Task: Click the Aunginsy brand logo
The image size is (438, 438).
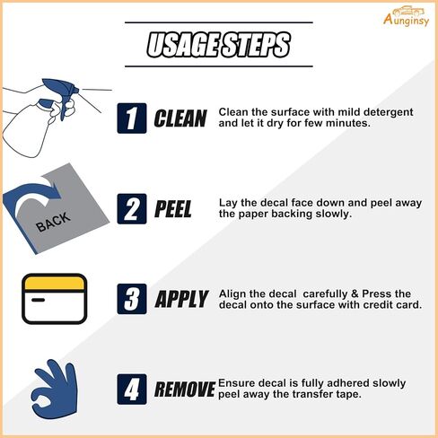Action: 406,16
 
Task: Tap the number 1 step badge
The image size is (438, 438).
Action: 132,118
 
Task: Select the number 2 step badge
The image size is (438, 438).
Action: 132,209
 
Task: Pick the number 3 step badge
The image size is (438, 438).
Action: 132,299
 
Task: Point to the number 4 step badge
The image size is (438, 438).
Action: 132,390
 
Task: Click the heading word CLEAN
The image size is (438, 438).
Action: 180,118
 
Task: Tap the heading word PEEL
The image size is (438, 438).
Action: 173,209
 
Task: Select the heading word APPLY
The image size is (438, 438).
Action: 181,299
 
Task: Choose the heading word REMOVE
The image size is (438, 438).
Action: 185,390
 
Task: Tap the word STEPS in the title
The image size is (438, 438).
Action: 255,45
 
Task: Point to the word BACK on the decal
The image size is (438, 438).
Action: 53,222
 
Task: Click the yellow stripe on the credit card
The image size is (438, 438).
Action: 54,284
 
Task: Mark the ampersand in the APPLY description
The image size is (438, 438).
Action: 355,293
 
